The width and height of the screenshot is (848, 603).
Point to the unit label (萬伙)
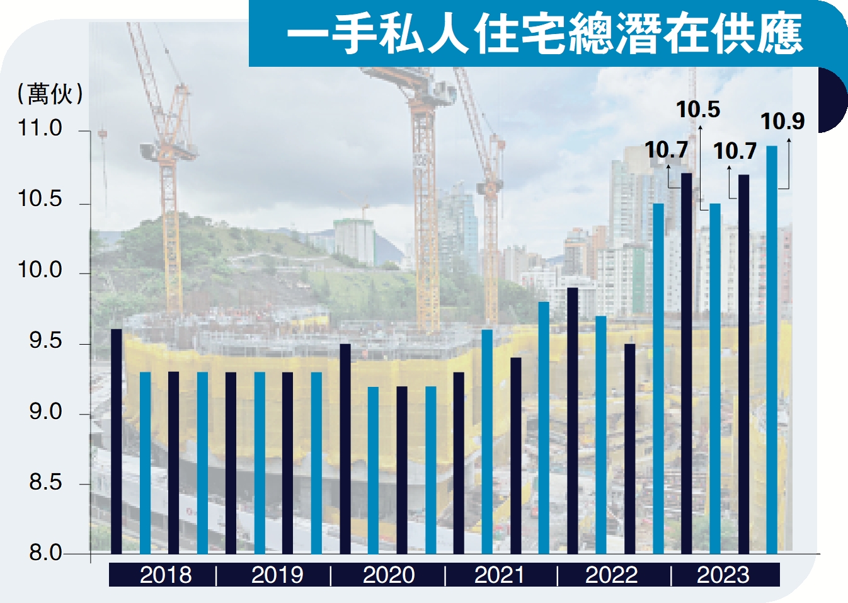coord(50,94)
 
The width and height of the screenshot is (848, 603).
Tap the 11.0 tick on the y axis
coord(40,129)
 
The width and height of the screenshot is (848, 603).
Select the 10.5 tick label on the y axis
coord(40,199)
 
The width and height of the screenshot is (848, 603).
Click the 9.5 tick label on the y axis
coord(45,341)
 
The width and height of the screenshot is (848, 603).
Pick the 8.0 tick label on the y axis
coord(45,553)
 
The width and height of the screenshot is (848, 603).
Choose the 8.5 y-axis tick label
coord(45,483)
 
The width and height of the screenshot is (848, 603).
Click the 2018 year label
coord(166,575)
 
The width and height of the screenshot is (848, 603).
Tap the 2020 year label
coord(389,575)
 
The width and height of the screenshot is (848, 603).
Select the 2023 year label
coord(723,575)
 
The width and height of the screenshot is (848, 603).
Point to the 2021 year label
coord(500,575)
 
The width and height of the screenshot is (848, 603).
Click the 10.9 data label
coord(782,121)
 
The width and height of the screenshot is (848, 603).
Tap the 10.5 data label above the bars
coord(697,110)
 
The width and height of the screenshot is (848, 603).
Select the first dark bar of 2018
coord(117,441)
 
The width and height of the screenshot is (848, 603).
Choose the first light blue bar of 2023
coord(715,378)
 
